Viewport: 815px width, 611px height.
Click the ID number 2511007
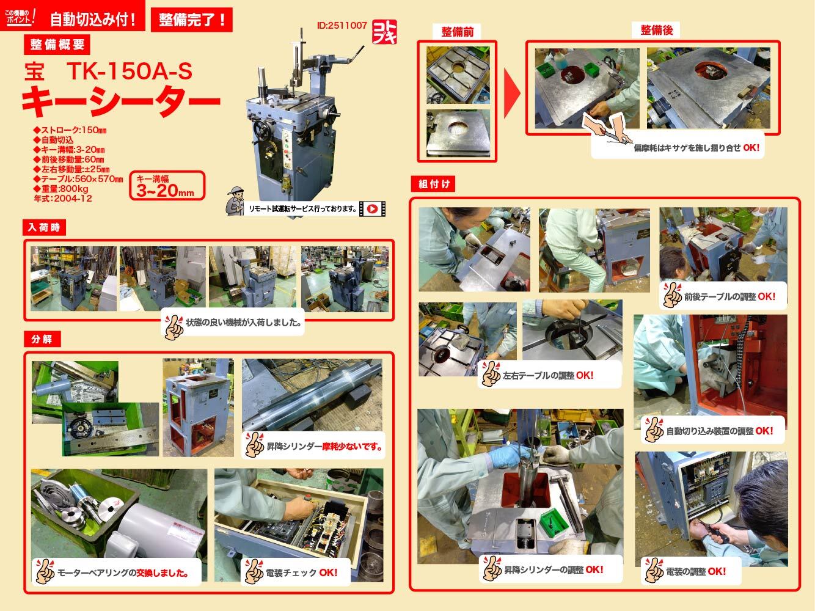tap(342, 26)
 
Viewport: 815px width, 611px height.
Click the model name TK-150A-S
tap(130, 72)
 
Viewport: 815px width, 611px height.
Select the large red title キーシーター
tap(120, 100)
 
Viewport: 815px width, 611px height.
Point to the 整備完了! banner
tap(192, 19)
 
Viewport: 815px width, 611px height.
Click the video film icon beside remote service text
tap(372, 209)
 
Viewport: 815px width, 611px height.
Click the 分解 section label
tap(41, 338)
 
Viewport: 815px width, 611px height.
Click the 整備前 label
tap(457, 31)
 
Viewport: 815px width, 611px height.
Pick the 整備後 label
tap(656, 29)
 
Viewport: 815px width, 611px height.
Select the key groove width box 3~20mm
tap(166, 186)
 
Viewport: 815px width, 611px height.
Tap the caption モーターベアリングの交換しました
tap(122, 573)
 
